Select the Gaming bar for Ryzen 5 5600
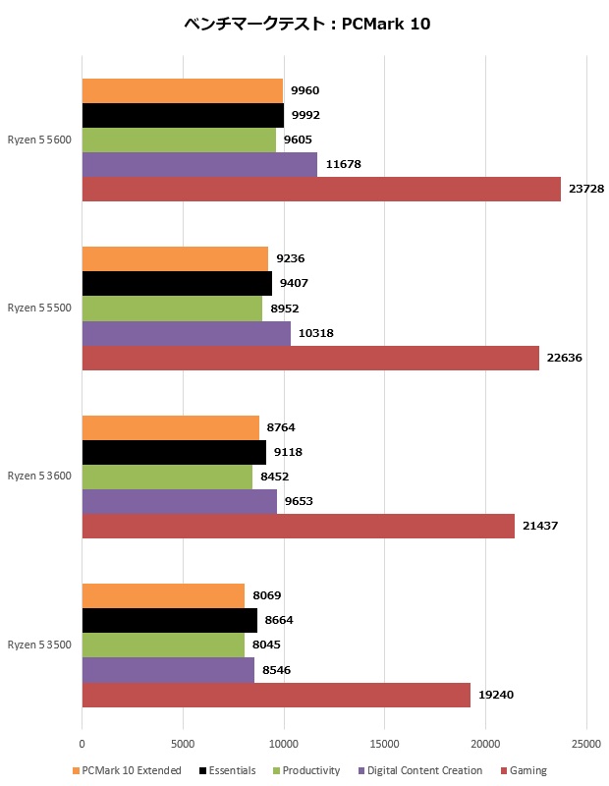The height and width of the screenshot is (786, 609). pos(321,189)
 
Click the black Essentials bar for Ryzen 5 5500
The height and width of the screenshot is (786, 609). pos(177,284)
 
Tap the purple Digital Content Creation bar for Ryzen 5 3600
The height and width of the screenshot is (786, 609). pos(179,501)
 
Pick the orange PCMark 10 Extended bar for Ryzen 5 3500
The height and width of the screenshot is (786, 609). pos(163,595)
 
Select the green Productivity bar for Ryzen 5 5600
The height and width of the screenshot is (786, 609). pos(179,140)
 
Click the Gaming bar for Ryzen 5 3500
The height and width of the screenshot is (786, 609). pos(276,695)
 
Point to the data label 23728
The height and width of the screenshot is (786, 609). pos(588,189)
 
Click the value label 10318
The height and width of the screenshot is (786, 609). pos(316,333)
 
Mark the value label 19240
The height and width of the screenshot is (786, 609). pos(497,695)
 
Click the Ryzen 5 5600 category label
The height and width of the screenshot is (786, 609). pos(39,140)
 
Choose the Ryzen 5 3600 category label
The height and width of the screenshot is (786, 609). pos(39,476)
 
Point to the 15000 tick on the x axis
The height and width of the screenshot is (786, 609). pos(384,745)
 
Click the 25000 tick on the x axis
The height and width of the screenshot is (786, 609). pos(586,745)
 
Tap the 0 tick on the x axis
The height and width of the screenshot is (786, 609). pos(82,745)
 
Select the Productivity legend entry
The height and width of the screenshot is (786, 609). pos(305,770)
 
